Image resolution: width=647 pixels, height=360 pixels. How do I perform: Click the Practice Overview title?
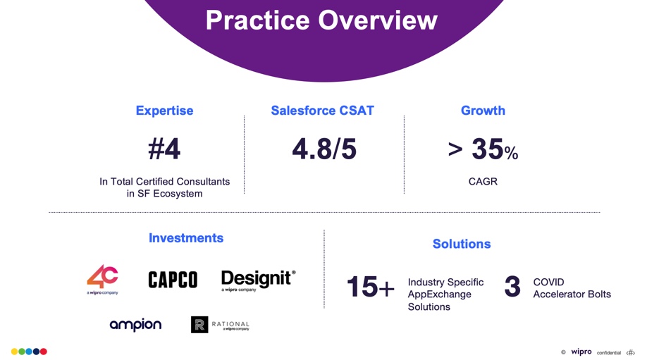(321, 20)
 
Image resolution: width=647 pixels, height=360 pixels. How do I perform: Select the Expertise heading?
(164, 111)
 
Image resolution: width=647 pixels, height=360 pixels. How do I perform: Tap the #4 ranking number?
(164, 149)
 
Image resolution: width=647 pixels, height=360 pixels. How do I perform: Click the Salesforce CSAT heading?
(323, 111)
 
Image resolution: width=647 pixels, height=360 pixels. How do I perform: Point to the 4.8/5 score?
(324, 149)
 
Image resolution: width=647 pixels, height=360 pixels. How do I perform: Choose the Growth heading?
(483, 111)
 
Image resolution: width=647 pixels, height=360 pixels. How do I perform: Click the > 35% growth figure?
(483, 149)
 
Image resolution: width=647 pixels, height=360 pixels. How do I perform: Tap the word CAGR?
(483, 182)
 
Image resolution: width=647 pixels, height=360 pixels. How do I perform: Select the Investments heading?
(186, 238)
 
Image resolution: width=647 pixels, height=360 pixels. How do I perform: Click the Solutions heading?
(462, 244)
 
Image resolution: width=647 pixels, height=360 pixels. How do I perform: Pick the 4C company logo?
(102, 279)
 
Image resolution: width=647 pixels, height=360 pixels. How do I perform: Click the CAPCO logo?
(173, 280)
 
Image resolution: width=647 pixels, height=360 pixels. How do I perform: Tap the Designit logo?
(258, 280)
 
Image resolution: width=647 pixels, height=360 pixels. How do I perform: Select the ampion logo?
(135, 325)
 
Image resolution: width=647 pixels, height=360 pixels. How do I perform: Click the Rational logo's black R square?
(199, 325)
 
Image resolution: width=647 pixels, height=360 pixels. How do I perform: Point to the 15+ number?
(370, 287)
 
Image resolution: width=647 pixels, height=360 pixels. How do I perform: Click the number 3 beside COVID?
(512, 287)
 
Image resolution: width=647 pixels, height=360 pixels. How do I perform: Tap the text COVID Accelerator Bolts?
(572, 288)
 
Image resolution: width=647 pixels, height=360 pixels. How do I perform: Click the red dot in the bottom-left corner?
(44, 352)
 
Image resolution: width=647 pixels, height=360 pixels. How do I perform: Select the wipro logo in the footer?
(581, 352)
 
